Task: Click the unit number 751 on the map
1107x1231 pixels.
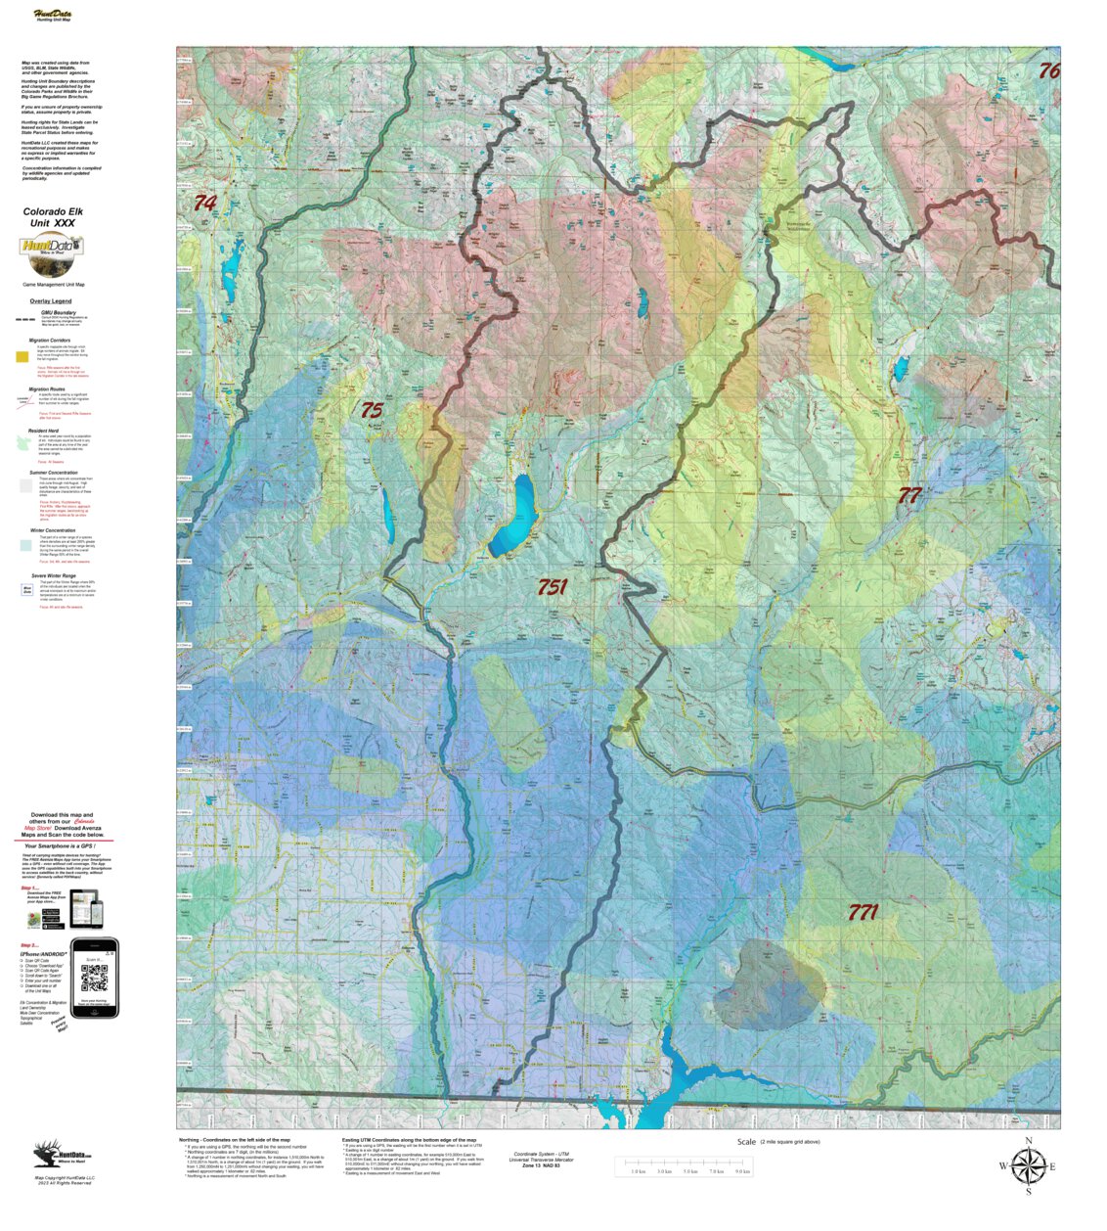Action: click(x=553, y=587)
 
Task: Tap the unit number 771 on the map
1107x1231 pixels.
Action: click(x=863, y=913)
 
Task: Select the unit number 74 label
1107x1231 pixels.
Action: click(x=204, y=204)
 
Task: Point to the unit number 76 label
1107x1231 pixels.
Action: click(x=1048, y=70)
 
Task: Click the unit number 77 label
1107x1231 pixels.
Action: click(x=909, y=495)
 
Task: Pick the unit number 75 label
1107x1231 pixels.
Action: click(x=372, y=411)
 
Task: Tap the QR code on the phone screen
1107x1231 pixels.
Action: click(x=95, y=977)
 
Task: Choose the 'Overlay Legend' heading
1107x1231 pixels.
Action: click(x=50, y=301)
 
